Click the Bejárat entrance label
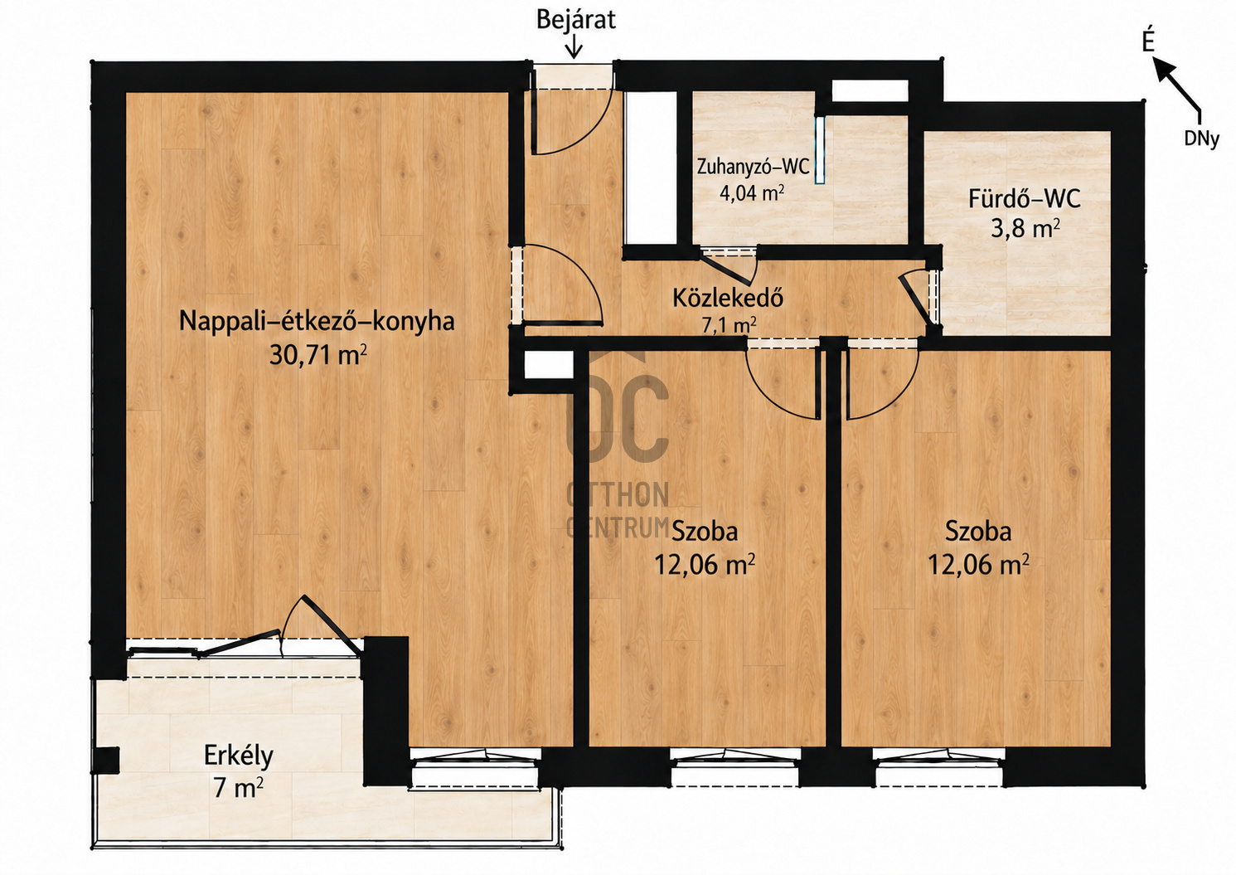[x=575, y=21]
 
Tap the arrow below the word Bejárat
[x=574, y=47]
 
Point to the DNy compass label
[x=1201, y=139]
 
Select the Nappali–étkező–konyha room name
[x=317, y=321]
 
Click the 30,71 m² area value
[x=317, y=354]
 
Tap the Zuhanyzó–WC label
[x=753, y=166]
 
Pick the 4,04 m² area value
[x=752, y=192]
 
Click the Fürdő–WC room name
[x=1024, y=199]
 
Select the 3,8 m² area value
[x=1025, y=227]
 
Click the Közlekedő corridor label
[x=728, y=298]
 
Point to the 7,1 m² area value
[x=729, y=324]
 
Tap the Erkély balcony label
[x=239, y=756]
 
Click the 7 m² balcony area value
[x=238, y=787]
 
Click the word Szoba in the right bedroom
[x=978, y=531]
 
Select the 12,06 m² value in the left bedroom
[x=705, y=564]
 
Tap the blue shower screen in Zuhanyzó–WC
[x=820, y=149]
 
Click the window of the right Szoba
[x=939, y=767]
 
